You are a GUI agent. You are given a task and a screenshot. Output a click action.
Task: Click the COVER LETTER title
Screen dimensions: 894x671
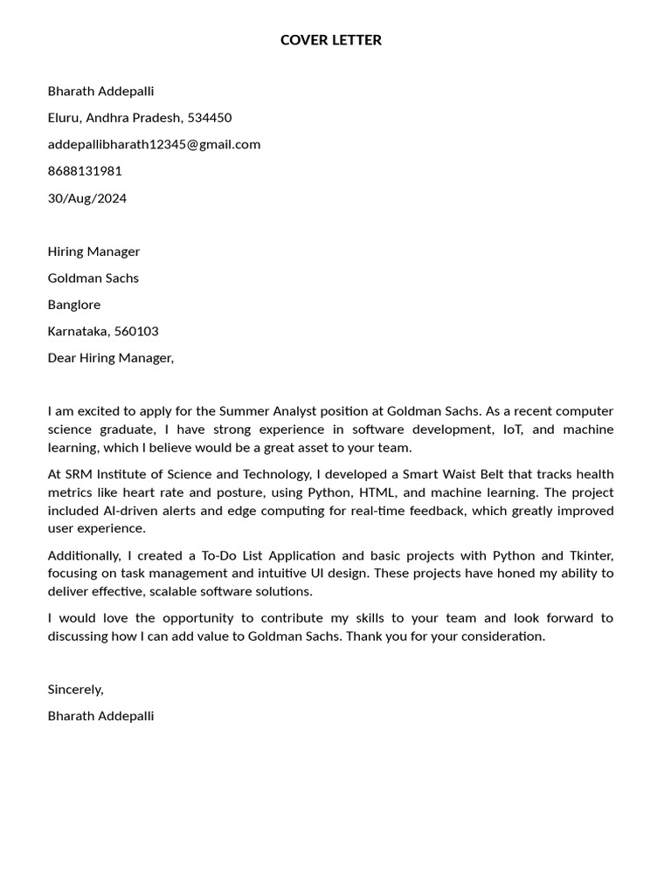331,40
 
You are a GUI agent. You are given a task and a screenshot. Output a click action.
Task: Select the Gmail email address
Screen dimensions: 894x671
154,144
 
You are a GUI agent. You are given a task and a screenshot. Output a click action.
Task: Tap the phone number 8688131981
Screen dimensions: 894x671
85,171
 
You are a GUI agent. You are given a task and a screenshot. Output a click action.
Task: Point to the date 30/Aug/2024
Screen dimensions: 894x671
87,198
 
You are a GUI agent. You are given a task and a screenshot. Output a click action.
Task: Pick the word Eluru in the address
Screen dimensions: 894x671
63,118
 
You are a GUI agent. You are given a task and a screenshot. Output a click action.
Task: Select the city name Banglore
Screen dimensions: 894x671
74,305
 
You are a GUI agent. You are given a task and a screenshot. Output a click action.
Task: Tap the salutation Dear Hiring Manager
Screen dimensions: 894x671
111,358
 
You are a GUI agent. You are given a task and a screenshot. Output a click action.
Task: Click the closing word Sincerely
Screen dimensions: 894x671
75,689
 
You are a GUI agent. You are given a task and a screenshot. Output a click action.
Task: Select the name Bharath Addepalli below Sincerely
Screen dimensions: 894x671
100,716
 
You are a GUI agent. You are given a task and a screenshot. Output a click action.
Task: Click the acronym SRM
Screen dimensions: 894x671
79,474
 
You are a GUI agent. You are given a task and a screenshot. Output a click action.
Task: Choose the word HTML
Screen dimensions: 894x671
378,492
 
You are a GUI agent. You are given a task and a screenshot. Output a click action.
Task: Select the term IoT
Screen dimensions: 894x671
509,430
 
